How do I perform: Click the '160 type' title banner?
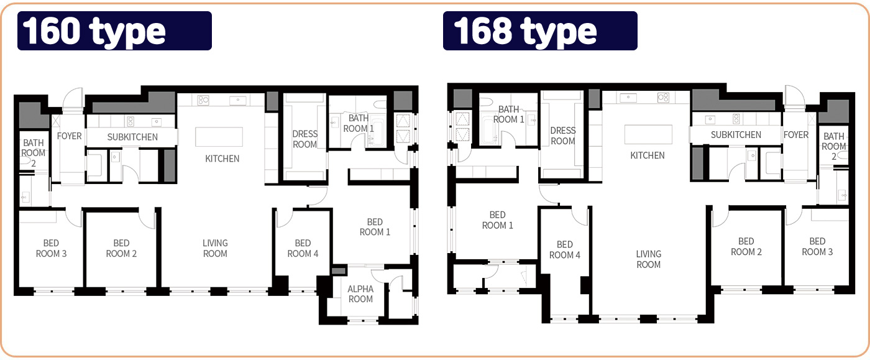pos(114,30)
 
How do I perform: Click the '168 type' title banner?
pos(540,30)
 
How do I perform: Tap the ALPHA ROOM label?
pos(360,294)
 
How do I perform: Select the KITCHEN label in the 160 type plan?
pos(222,159)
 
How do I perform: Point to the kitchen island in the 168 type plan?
pos(648,134)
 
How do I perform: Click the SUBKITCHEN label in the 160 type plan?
pos(132,137)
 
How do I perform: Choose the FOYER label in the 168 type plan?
pos(796,135)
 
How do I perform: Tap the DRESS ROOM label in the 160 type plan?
pos(305,139)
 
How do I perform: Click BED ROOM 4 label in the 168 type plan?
pos(565,249)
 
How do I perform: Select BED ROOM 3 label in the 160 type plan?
pos(51,249)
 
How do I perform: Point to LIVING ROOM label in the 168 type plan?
pos(648,259)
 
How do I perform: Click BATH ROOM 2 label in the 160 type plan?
pos(34,153)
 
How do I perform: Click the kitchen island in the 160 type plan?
pos(219,137)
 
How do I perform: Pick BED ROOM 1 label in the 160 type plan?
pos(375,227)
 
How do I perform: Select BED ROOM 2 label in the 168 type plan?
pos(746,247)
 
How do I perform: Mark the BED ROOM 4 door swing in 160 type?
pos(285,218)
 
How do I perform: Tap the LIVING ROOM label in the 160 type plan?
pos(215,249)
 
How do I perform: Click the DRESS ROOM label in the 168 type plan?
pos(563,136)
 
